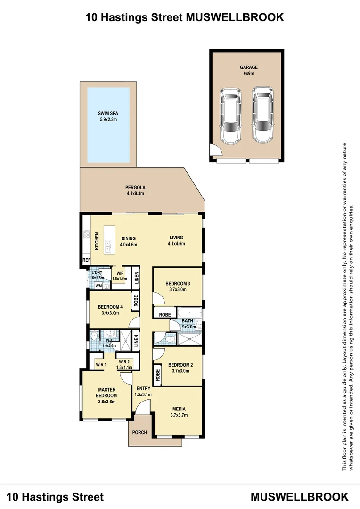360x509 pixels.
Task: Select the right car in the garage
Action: (x=262, y=115)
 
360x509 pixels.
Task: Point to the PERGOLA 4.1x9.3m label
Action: (x=135, y=190)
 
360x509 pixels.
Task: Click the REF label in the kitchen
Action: (x=86, y=260)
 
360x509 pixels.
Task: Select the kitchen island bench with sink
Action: (x=108, y=238)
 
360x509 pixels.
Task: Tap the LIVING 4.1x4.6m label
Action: (x=176, y=240)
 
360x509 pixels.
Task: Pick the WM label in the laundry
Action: (x=98, y=286)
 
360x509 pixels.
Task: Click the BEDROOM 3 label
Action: (x=178, y=287)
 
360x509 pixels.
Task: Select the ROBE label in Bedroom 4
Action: (x=136, y=300)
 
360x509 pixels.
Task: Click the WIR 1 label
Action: (x=101, y=364)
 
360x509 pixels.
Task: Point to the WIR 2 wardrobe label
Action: (x=125, y=364)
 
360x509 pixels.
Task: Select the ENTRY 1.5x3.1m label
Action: (x=142, y=391)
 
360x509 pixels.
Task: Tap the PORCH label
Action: (x=139, y=432)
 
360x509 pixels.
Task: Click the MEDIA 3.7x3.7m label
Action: (x=179, y=412)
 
